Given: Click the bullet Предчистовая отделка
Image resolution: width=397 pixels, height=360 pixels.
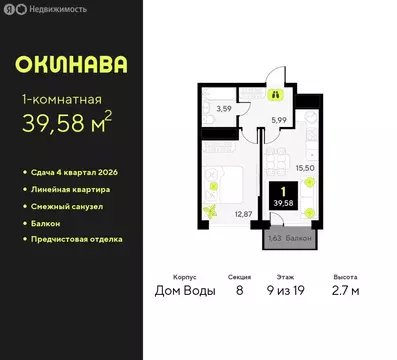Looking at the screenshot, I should [79, 239].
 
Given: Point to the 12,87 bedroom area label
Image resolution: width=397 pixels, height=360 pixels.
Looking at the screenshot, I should [243, 213].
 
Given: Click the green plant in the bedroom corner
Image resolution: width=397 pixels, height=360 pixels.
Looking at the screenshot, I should [211, 211].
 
